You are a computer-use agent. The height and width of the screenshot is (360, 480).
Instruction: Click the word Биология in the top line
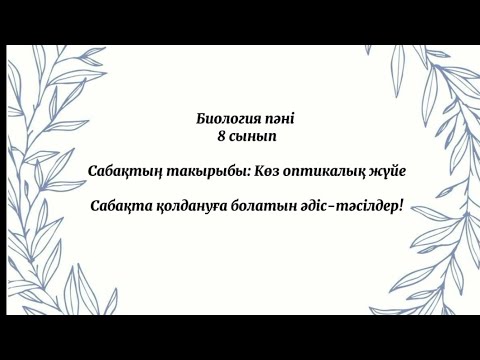228,118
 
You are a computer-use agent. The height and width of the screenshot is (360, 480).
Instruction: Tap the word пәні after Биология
280,118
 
